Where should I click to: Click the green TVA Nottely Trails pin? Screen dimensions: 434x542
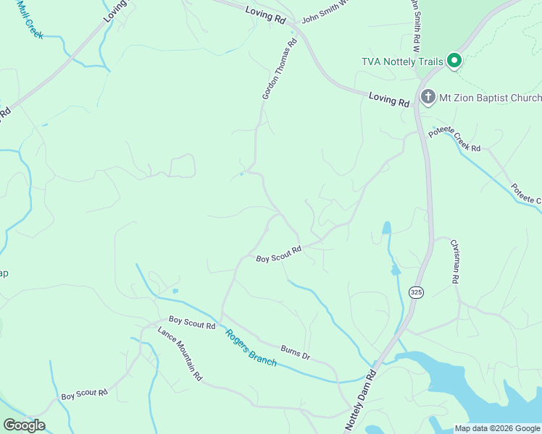(454, 61)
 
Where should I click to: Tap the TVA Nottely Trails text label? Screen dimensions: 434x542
(402, 61)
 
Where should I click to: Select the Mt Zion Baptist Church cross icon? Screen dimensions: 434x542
(428, 97)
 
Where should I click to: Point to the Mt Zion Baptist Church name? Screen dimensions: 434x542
(490, 98)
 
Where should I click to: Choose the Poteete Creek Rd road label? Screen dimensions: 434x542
(454, 140)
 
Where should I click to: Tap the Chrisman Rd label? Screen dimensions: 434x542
(455, 261)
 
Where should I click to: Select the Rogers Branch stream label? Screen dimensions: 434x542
(251, 348)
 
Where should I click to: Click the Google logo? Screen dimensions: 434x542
(24, 425)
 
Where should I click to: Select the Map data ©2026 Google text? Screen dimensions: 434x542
(497, 428)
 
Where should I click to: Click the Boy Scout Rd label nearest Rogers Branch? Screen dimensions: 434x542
(192, 323)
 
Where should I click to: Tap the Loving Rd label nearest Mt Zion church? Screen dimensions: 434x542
(389, 99)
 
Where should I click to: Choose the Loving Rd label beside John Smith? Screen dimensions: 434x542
(265, 14)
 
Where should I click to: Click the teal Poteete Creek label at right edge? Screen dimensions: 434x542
(526, 193)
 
